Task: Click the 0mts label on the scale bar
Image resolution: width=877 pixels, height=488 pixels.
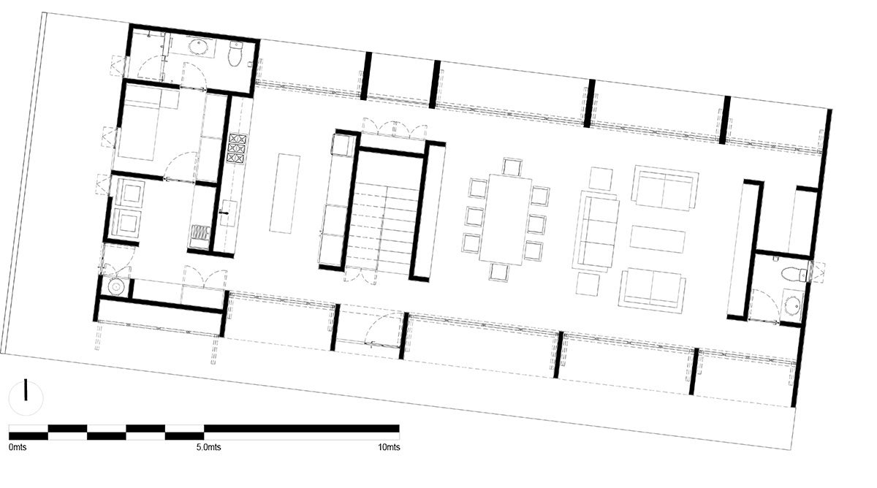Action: tap(18, 447)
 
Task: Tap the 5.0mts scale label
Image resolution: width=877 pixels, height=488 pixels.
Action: tap(209, 447)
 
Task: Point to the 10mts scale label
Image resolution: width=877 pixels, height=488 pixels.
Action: tap(389, 447)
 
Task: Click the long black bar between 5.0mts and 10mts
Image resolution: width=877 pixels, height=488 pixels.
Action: tap(301, 429)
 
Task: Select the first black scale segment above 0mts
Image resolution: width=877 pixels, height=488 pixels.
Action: tap(29, 436)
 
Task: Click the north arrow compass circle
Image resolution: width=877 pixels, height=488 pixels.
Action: tap(26, 398)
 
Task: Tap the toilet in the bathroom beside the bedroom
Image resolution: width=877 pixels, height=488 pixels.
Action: tap(236, 53)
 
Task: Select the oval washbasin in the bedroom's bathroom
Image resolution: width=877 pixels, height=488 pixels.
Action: tap(200, 47)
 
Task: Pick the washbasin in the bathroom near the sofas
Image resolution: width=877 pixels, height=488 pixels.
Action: tap(793, 305)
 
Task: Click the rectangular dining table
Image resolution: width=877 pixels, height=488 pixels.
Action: tap(506, 220)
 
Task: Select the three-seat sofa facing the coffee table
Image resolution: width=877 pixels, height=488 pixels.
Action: tap(595, 232)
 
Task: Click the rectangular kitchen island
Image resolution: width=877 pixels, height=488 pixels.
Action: tap(284, 194)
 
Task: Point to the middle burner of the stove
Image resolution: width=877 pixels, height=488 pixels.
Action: tap(237, 148)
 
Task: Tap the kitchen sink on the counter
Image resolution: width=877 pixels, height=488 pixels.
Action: tap(227, 213)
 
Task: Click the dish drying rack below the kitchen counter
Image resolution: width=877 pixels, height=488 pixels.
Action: tap(200, 233)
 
